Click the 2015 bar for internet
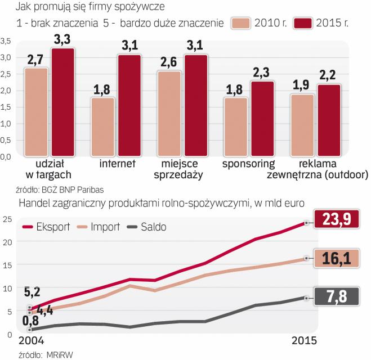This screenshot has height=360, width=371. click(x=129, y=105)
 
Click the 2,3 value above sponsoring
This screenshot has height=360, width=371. click(x=262, y=73)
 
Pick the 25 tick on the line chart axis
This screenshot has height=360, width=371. click(x=6, y=219)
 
